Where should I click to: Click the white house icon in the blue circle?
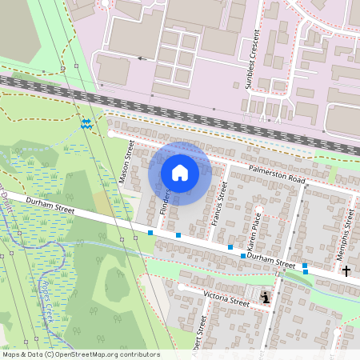[x=180, y=173]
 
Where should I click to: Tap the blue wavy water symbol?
[x=86, y=123]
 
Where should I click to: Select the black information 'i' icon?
[x=266, y=298]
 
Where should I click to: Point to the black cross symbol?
[x=346, y=271]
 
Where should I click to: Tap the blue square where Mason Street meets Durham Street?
[x=150, y=233]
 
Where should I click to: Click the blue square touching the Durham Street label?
[x=243, y=255]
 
